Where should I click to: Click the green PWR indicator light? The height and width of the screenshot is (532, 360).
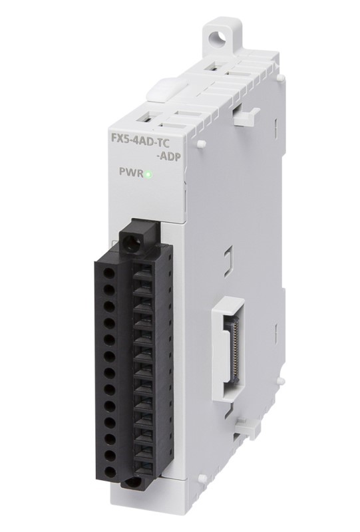point(149,174)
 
